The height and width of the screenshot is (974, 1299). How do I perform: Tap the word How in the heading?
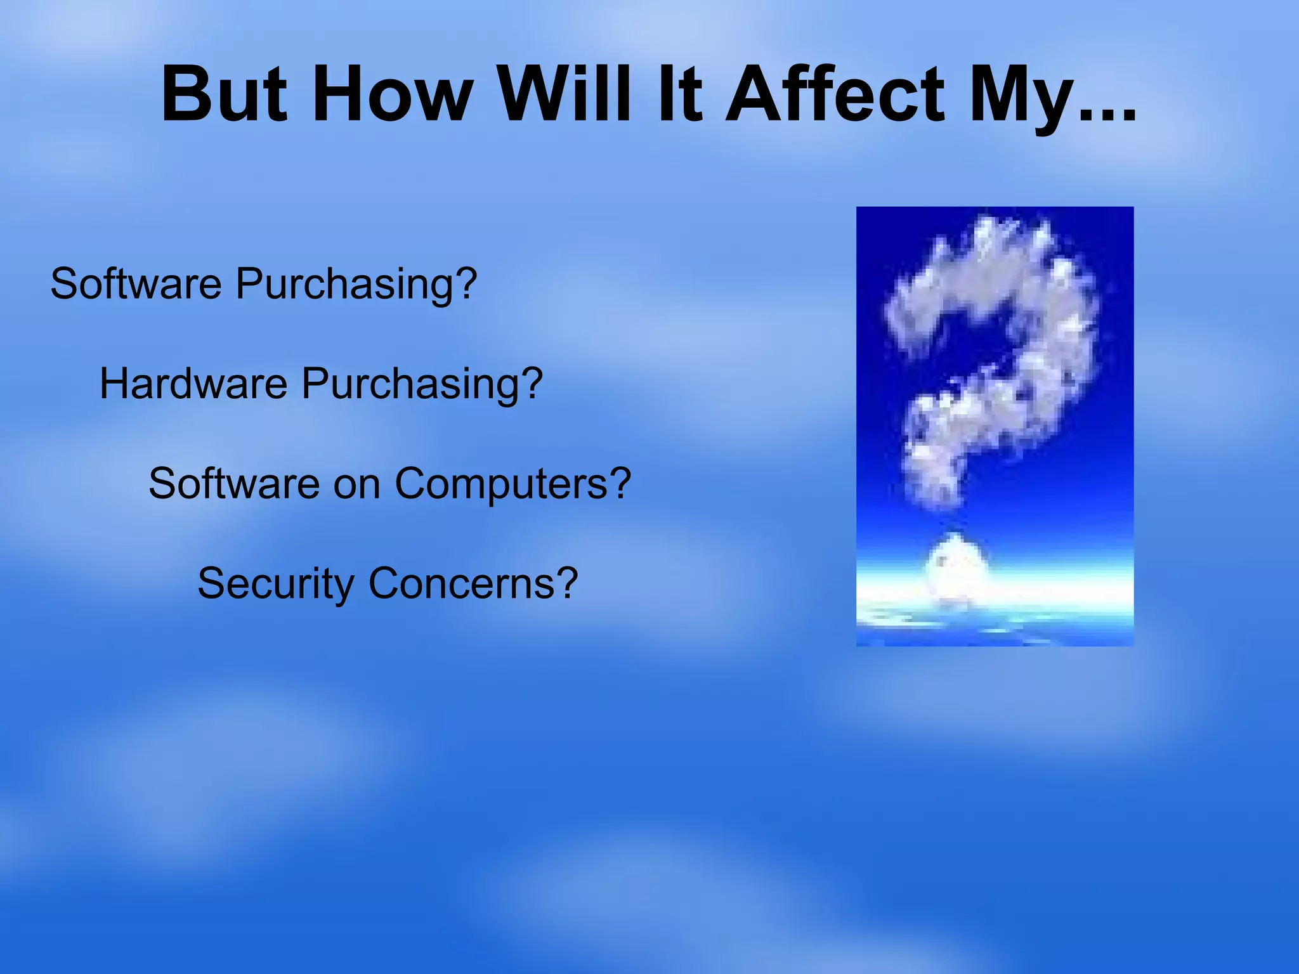393,95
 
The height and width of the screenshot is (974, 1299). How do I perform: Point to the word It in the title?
679,95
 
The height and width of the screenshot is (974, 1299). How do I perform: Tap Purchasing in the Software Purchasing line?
346,284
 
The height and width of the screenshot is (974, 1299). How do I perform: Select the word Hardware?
193,384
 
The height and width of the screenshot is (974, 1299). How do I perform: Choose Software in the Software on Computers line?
234,483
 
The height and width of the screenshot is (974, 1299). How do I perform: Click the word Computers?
501,484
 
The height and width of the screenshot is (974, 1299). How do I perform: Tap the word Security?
275,584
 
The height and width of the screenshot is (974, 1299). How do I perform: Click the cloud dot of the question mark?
956,565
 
